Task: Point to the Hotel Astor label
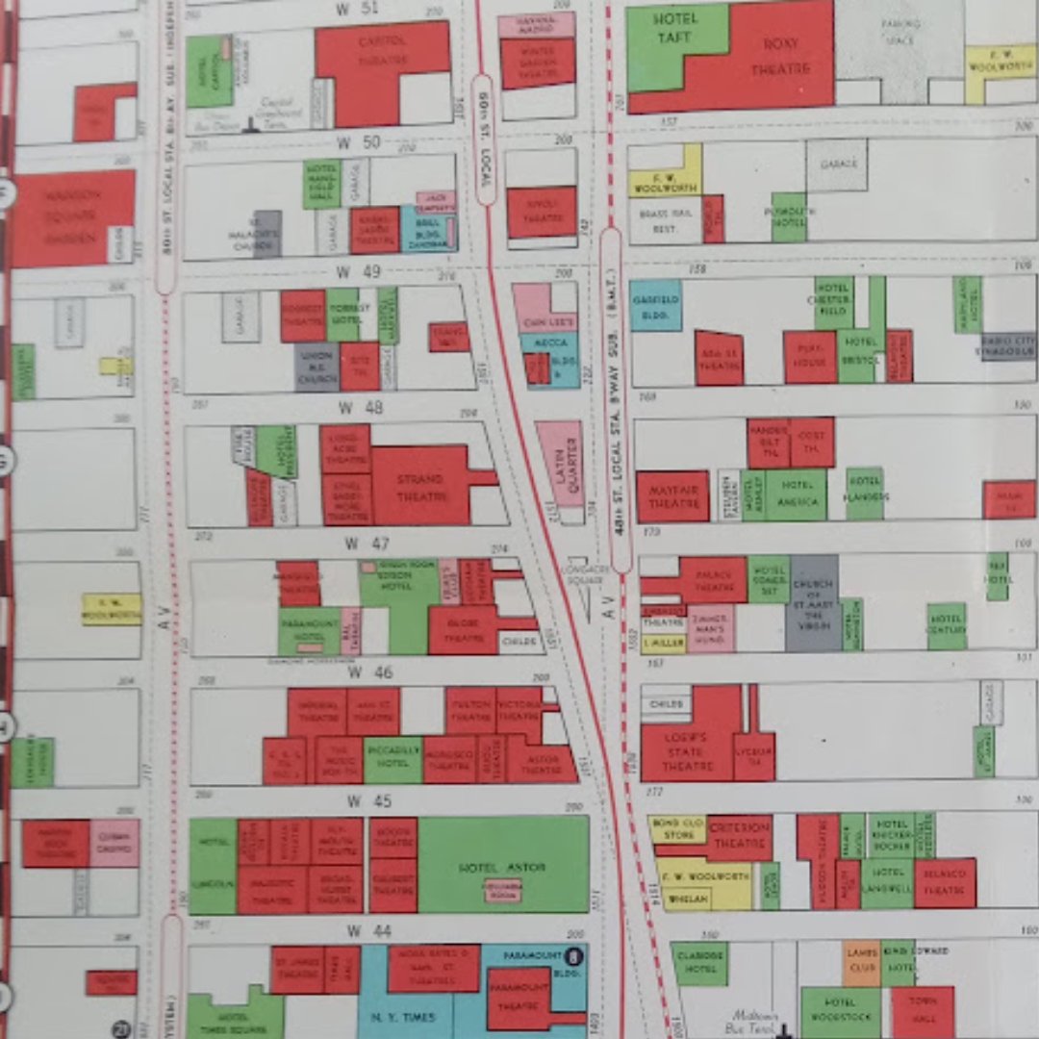[502, 867]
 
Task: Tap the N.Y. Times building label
[404, 1016]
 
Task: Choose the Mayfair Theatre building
[672, 496]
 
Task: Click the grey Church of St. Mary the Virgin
[813, 602]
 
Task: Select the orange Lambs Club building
[862, 962]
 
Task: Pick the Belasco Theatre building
[945, 883]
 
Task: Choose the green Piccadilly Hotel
[393, 760]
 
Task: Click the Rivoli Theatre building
[542, 211]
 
